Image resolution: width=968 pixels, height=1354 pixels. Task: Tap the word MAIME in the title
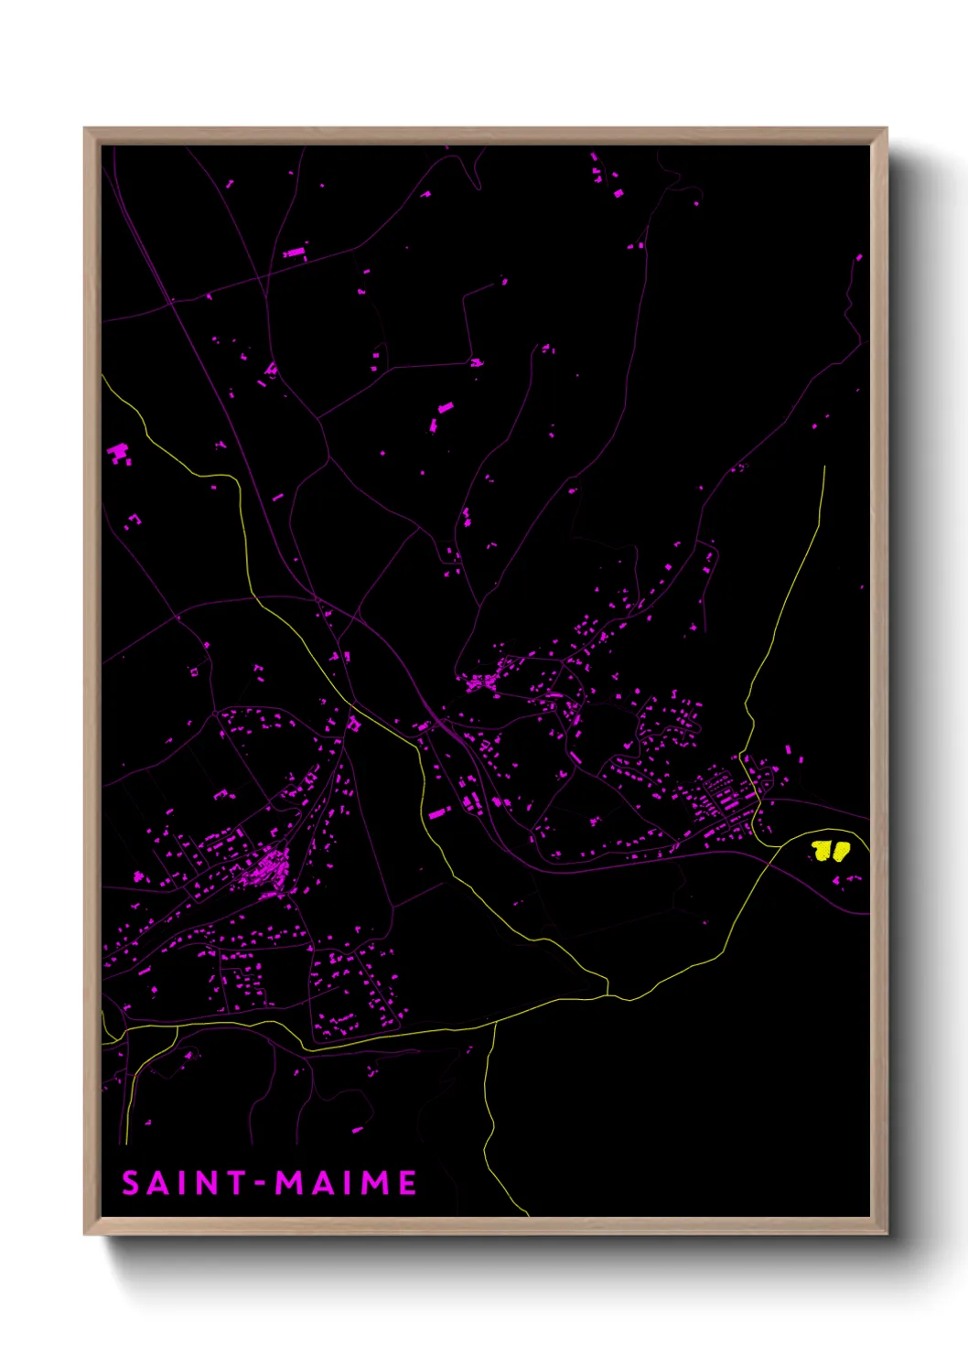[347, 1183]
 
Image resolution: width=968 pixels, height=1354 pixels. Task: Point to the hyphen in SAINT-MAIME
[261, 1184]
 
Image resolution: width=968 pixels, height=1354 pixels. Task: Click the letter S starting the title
[131, 1183]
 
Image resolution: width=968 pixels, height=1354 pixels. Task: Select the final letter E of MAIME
[407, 1183]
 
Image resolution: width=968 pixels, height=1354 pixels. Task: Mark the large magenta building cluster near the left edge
[119, 453]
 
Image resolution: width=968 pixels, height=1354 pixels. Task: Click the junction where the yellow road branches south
[495, 1024]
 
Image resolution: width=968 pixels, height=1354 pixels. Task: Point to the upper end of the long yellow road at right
[824, 467]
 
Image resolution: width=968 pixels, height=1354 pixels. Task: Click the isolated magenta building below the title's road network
[357, 1131]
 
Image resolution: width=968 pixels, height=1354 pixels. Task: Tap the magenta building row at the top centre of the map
[295, 252]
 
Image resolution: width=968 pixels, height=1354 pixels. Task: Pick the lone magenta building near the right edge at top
[858, 258]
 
